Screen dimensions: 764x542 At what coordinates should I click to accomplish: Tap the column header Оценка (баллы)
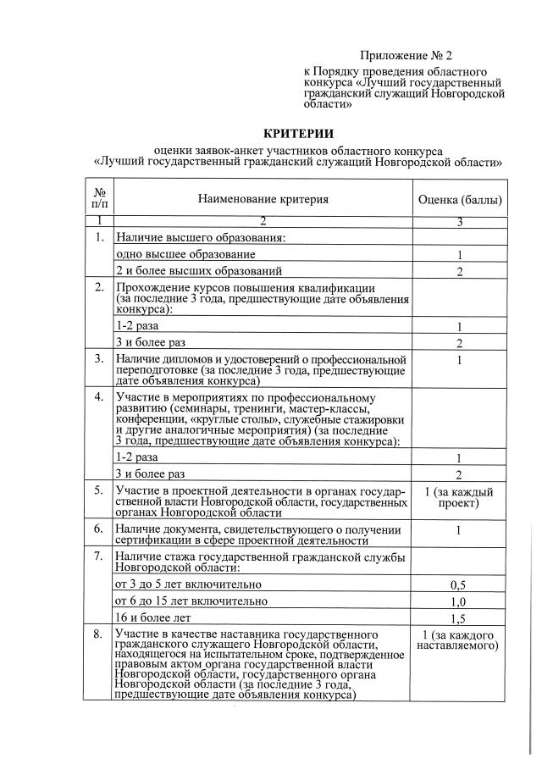[459, 200]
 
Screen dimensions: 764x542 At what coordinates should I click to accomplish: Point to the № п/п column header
[99, 199]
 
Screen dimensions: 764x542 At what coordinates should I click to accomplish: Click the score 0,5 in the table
[459, 584]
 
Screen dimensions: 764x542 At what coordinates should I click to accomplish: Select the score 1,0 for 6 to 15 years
[459, 601]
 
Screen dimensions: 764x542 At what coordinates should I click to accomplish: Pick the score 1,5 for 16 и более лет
[459, 618]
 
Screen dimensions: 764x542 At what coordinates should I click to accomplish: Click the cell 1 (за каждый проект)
[459, 498]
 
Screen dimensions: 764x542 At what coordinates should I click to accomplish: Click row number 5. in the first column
[99, 490]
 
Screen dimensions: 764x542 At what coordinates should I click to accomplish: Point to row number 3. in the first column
[99, 359]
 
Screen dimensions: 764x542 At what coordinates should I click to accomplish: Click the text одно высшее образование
[185, 254]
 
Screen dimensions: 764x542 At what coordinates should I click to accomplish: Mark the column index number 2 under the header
[263, 222]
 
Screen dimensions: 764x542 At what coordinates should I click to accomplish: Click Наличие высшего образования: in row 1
[201, 238]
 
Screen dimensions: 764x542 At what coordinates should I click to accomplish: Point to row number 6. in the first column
[99, 529]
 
